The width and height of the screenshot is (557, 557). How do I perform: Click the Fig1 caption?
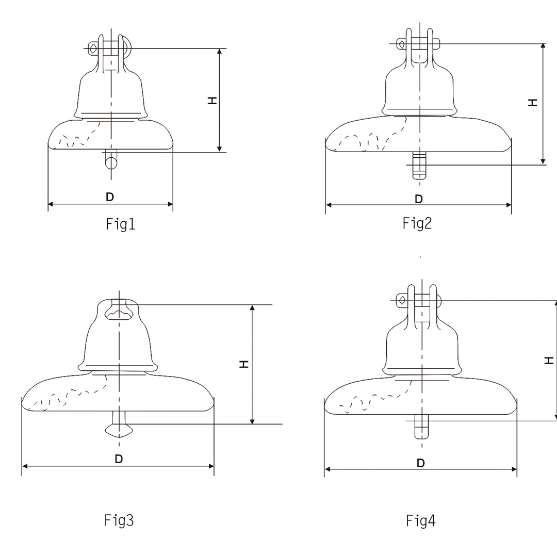pyautogui.click(x=120, y=224)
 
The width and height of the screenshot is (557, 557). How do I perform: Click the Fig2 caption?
pyautogui.click(x=417, y=223)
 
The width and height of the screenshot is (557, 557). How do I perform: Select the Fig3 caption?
pyautogui.click(x=119, y=520)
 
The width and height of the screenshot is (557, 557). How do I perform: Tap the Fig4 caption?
pyautogui.click(x=421, y=521)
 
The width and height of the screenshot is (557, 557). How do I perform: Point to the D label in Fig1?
pyautogui.click(x=110, y=197)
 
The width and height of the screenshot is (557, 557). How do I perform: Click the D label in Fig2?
pyautogui.click(x=419, y=199)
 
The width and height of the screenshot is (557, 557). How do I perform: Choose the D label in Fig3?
pyautogui.click(x=119, y=459)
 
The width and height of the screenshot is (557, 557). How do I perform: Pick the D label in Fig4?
pyautogui.click(x=421, y=463)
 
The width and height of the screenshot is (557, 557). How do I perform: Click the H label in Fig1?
pyautogui.click(x=212, y=101)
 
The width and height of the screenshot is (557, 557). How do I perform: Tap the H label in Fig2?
pyautogui.click(x=533, y=103)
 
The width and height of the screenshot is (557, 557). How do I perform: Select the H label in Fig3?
pyautogui.click(x=244, y=364)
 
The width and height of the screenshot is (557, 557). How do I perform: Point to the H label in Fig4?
pyautogui.click(x=549, y=361)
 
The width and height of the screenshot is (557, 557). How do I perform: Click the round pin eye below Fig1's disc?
pyautogui.click(x=111, y=162)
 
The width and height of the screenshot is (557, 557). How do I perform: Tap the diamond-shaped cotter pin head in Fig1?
pyautogui.click(x=93, y=48)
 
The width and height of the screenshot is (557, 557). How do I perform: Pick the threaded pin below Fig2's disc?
pyautogui.click(x=419, y=165)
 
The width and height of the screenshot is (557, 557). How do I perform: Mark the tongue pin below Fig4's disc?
pyautogui.click(x=422, y=427)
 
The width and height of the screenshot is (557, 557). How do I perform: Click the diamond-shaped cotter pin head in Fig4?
pyautogui.click(x=402, y=301)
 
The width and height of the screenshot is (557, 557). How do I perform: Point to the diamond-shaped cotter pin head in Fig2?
pyautogui.click(x=401, y=44)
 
